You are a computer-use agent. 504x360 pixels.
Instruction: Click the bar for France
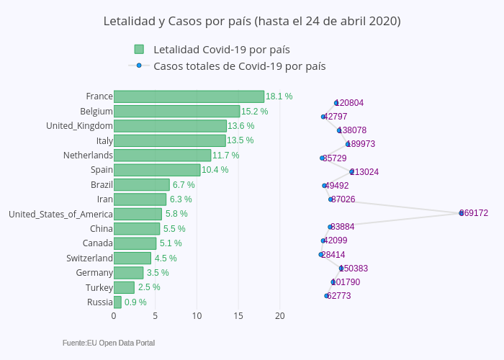[189, 96]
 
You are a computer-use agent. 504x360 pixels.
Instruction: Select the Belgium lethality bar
[176, 111]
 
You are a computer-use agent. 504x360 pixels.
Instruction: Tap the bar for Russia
[117, 302]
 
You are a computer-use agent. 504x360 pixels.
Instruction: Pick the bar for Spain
[157, 170]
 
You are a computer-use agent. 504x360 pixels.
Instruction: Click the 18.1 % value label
[279, 96]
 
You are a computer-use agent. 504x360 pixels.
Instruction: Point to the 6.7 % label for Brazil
[184, 185]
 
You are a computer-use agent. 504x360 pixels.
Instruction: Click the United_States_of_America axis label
[60, 214]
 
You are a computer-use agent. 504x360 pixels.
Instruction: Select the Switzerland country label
[89, 258]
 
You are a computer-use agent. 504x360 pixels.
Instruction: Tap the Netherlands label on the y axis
[88, 155]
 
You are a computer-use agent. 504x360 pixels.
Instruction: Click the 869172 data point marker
[462, 213]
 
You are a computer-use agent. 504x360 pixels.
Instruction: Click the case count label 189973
[361, 144]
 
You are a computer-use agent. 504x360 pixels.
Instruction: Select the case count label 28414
[333, 255]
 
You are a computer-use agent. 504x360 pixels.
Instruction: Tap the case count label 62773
[339, 296]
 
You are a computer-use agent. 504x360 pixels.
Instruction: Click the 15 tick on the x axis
[238, 315]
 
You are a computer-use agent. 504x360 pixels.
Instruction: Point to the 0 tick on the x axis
[114, 315]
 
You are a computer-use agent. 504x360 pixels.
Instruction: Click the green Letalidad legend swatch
[139, 49]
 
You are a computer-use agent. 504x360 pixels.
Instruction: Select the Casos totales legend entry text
[239, 66]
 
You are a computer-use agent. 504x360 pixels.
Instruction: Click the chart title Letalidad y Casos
[252, 22]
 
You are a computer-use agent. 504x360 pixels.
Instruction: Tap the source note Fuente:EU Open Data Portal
[109, 343]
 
